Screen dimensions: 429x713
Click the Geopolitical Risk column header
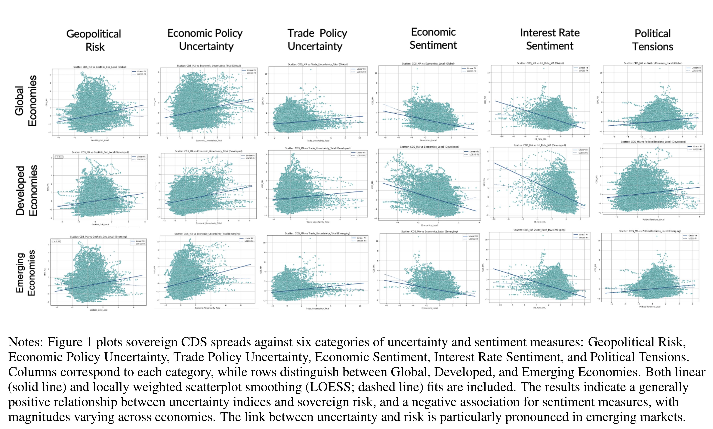[94, 40]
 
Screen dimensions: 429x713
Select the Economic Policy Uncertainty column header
[205, 40]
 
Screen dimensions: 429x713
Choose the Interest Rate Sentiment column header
[550, 39]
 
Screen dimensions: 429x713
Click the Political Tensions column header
[653, 40]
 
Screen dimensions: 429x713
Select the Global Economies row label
[26, 101]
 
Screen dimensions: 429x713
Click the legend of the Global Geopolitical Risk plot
[139, 73]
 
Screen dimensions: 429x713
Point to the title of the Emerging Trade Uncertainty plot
[317, 233]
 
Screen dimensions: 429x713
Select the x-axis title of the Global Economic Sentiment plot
[428, 140]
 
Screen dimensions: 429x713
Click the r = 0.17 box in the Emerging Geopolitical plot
[56, 241]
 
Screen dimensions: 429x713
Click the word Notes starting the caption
[25, 342]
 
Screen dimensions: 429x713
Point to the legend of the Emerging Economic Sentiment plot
[470, 238]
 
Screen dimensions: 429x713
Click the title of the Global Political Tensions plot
[653, 63]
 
